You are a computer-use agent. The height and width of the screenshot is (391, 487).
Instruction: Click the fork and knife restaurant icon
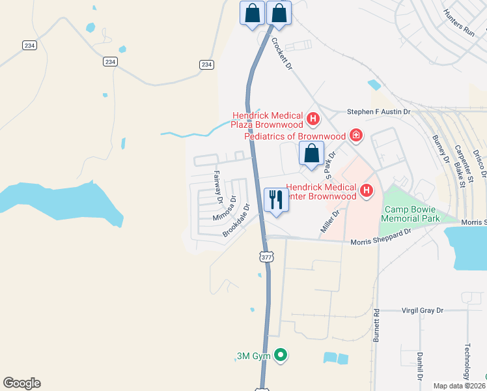[276, 200]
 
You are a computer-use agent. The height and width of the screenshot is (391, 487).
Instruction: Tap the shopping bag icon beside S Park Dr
[312, 154]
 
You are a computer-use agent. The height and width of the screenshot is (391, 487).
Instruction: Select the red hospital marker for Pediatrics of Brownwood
[355, 136]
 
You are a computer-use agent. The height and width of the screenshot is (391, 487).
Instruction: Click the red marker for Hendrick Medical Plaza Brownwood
[313, 119]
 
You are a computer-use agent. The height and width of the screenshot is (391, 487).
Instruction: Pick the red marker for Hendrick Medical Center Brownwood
[367, 190]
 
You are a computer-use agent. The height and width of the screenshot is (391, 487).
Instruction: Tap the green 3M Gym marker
[281, 355]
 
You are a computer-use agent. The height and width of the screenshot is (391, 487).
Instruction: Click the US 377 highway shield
[266, 257]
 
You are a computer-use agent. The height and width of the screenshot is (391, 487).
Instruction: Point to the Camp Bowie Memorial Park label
[411, 214]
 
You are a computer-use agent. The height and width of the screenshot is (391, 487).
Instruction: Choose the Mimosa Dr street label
[223, 209]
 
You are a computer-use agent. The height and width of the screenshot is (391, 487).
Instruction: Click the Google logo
[22, 383]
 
